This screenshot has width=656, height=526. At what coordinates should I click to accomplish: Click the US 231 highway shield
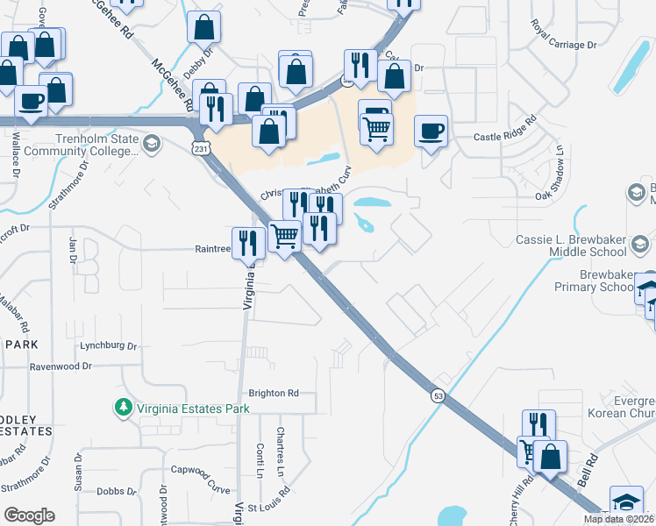[203, 150]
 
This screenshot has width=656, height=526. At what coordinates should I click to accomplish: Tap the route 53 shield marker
[437, 396]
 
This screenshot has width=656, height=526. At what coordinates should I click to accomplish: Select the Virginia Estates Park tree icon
[123, 408]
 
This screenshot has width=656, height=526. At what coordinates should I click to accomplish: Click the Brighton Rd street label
[274, 394]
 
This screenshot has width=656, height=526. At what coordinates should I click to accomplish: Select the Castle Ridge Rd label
[504, 137]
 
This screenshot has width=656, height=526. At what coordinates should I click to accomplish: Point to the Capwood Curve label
[200, 469]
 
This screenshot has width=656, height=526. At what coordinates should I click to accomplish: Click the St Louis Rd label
[268, 507]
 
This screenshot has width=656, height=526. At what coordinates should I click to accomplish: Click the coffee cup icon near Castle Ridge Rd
[431, 131]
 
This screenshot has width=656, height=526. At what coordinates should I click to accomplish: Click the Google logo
[29, 515]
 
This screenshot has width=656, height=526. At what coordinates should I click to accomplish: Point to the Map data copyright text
[618, 519]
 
